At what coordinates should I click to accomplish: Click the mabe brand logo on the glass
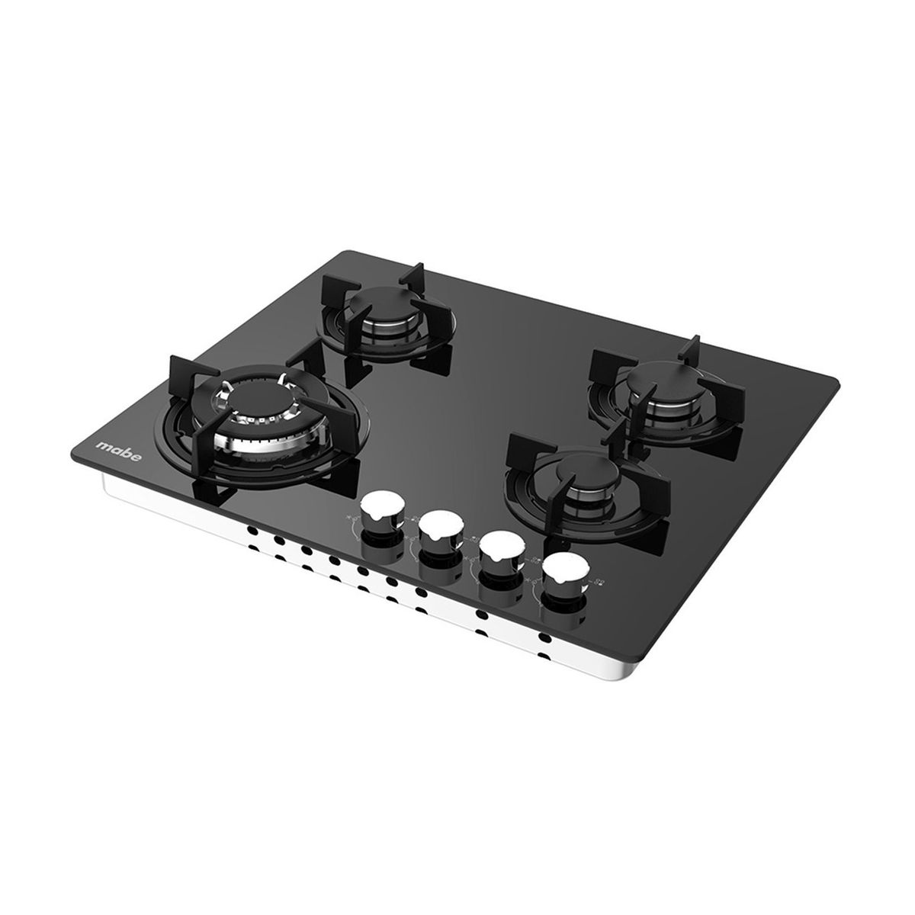tap(112, 448)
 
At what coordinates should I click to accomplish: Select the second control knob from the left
tap(438, 528)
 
